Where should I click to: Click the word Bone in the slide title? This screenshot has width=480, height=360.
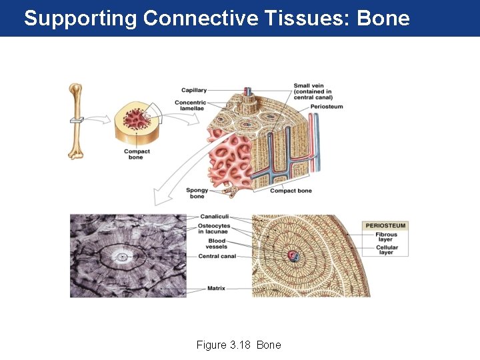tap(383, 18)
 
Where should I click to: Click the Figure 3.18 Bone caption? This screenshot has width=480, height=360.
tap(239, 345)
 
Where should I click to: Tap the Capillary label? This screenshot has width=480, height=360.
tap(194, 90)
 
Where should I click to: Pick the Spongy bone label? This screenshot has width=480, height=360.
tap(197, 193)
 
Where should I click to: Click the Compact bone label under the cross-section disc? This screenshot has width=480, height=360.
tap(137, 154)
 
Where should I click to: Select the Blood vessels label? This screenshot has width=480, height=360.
tap(217, 243)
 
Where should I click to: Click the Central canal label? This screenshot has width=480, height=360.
tap(217, 256)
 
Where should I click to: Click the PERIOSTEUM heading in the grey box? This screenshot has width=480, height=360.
tap(385, 225)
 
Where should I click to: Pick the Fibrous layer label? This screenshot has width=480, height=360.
tap(386, 237)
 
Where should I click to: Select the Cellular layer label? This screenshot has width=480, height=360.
tap(386, 250)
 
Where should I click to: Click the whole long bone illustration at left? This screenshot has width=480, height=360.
tap(76, 121)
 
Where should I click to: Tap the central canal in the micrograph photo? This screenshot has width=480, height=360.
tap(121, 256)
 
